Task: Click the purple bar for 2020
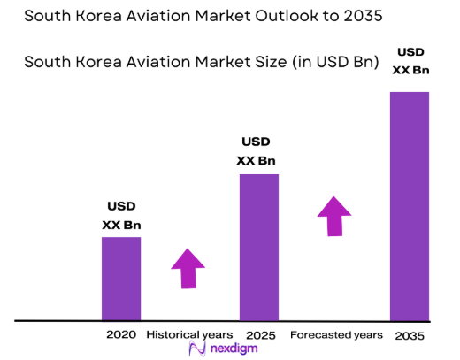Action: (x=121, y=278)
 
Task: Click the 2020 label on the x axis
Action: (x=121, y=335)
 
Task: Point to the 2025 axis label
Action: (x=260, y=336)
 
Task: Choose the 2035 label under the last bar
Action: (x=410, y=336)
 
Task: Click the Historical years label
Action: (x=189, y=335)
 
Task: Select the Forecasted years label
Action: (x=337, y=335)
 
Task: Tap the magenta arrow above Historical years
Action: (x=188, y=267)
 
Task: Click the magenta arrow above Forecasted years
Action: (x=334, y=216)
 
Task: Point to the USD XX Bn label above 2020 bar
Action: (x=121, y=216)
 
